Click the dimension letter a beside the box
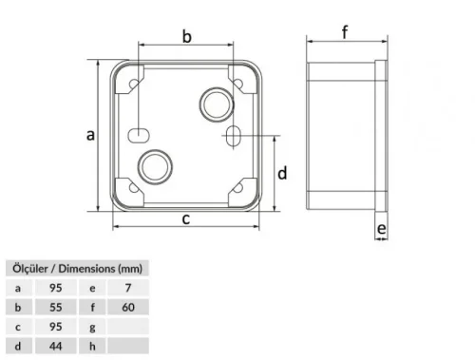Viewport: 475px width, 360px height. pos(91,135)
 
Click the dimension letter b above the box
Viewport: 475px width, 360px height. pos(187,37)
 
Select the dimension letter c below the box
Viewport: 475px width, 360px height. pos(187,219)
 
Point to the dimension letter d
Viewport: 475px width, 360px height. pos(282,173)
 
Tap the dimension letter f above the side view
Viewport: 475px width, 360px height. pos(345,32)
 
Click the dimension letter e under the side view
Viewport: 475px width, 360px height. pos(380,229)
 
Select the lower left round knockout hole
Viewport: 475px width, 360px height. pos(152,165)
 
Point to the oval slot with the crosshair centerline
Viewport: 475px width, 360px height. pos(233,135)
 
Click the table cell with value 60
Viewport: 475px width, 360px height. pos(128,307)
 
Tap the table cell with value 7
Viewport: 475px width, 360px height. pos(128,287)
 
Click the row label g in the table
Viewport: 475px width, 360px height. pos(93,327)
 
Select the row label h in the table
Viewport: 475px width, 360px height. pos(93,347)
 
